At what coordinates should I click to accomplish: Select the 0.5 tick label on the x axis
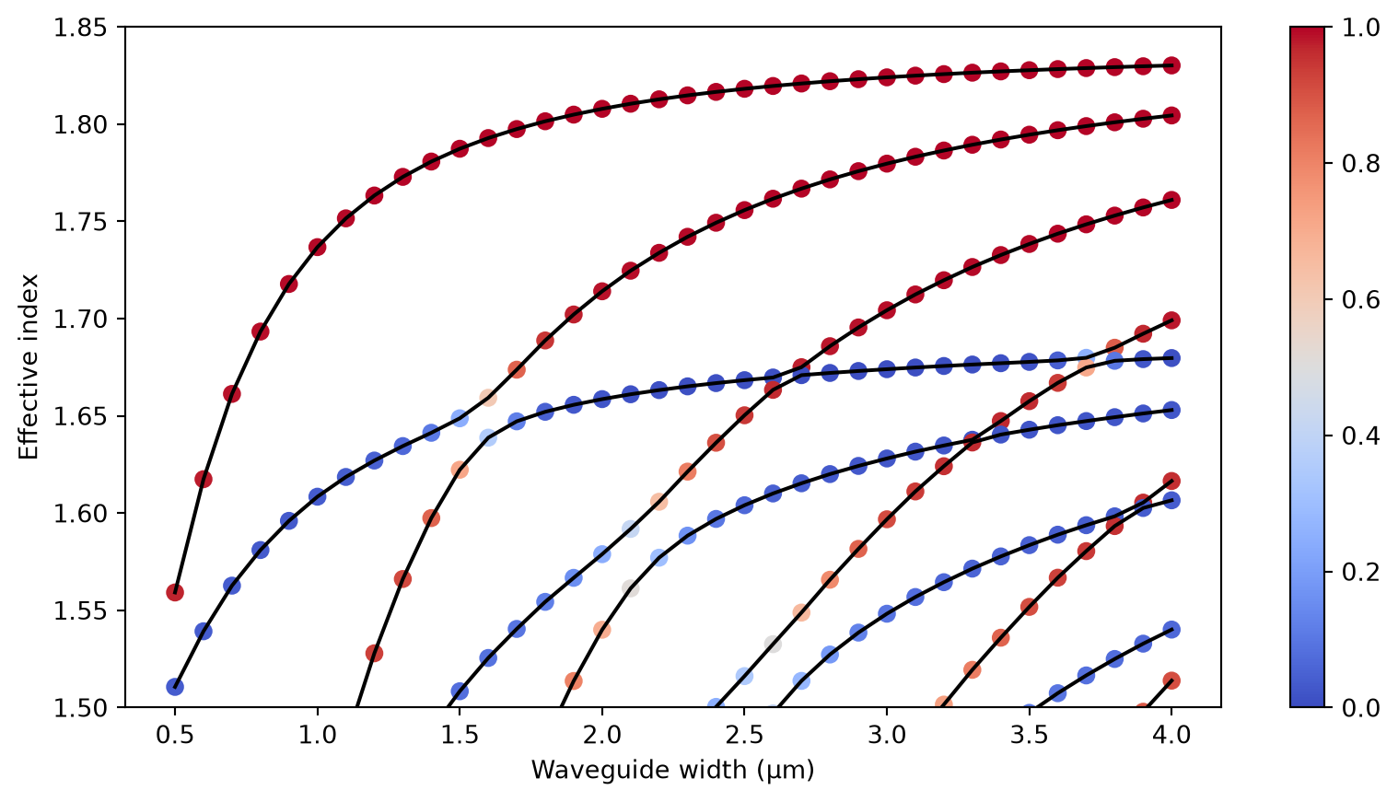click(175, 735)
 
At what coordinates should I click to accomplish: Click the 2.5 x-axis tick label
click(744, 735)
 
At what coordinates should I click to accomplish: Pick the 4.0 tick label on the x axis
click(1171, 735)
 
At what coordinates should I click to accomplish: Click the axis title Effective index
click(28, 367)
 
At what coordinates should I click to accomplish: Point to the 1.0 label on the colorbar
click(1360, 29)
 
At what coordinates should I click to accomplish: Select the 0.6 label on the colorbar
click(1360, 300)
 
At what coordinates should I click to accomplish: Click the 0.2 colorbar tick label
click(1360, 572)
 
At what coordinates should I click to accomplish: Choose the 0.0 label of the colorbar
click(1360, 708)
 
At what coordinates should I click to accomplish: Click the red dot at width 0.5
click(175, 592)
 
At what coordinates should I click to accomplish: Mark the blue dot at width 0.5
click(175, 687)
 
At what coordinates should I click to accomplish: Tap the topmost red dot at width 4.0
click(1171, 65)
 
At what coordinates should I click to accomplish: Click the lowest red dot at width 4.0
click(1171, 681)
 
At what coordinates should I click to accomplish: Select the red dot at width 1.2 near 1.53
click(375, 654)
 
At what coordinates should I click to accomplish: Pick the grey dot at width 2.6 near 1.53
click(773, 645)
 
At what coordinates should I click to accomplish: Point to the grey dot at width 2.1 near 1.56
click(630, 588)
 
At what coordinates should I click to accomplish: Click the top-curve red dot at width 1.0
click(318, 247)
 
